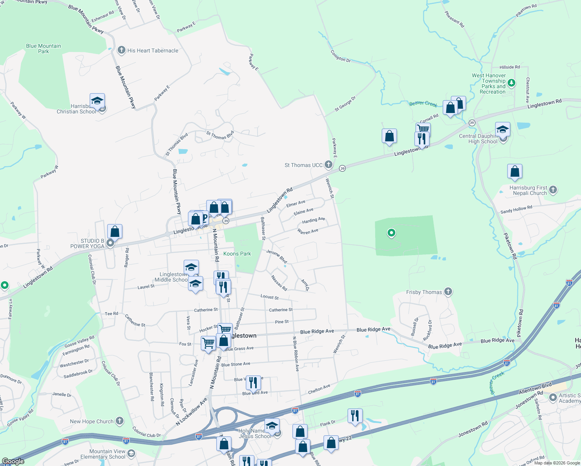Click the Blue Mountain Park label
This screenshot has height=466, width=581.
coord(43,49)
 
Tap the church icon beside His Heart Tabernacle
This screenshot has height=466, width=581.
coord(122,50)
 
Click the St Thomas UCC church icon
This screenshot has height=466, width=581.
coord(329,165)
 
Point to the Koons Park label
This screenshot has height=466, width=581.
coord(237,254)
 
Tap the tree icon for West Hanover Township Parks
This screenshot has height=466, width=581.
coord(511,82)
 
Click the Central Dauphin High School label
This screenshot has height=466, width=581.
coord(478,139)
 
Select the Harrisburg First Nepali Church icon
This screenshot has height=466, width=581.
coord(553,190)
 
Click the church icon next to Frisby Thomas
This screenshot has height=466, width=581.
coord(448,292)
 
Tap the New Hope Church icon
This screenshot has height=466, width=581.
coord(120,421)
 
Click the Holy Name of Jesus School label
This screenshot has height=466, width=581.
coord(255,433)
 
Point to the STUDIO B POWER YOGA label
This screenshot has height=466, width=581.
coord(87,243)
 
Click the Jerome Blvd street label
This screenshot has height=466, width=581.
coord(277,256)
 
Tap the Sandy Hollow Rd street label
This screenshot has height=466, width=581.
coord(516,210)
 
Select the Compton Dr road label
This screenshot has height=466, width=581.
coord(341,56)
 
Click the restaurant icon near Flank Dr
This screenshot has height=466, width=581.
coord(355,416)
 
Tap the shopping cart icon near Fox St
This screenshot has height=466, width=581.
coord(208,343)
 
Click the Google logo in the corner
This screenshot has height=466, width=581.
coord(13,461)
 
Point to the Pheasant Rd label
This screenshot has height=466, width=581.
coord(454,19)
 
